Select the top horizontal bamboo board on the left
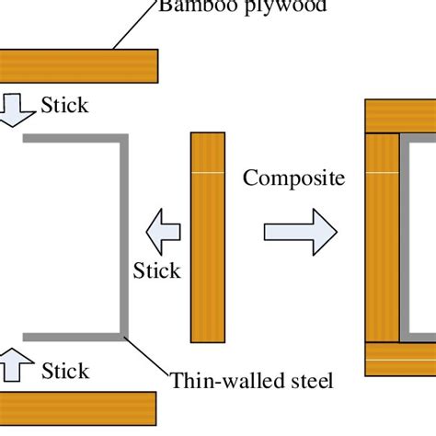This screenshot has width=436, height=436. [x=78, y=65]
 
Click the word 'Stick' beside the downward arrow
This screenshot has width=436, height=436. [x=64, y=105]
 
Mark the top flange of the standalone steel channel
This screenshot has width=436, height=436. [x=74, y=139]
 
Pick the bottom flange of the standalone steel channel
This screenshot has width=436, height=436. [x=74, y=337]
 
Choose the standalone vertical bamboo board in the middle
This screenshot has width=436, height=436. [x=207, y=237]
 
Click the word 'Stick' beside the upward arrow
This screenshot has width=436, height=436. [x=65, y=371]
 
